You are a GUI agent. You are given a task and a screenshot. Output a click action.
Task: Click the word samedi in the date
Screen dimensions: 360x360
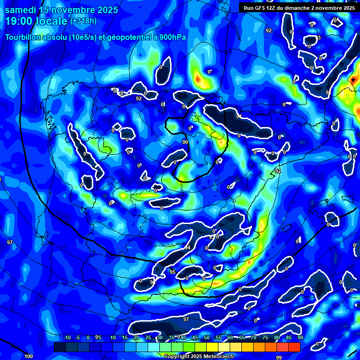[x=20, y=10]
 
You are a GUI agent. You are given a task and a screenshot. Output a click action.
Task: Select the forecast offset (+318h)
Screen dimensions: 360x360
[x=83, y=21]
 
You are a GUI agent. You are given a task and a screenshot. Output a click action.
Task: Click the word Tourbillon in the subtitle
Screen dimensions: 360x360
[x=24, y=37]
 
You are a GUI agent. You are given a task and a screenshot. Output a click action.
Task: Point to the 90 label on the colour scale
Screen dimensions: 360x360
[x=300, y=337]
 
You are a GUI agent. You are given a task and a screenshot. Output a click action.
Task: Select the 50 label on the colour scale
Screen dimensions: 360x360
[x=207, y=337]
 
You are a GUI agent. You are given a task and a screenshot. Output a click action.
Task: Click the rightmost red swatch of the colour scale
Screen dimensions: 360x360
[x=294, y=347]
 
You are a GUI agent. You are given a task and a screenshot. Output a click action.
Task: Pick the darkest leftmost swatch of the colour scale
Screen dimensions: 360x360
[x=60, y=347]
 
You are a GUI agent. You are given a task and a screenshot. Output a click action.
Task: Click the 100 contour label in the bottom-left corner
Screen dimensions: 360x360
[x=29, y=356]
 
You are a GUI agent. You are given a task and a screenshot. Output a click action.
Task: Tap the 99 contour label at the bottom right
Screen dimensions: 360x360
[x=279, y=357]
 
